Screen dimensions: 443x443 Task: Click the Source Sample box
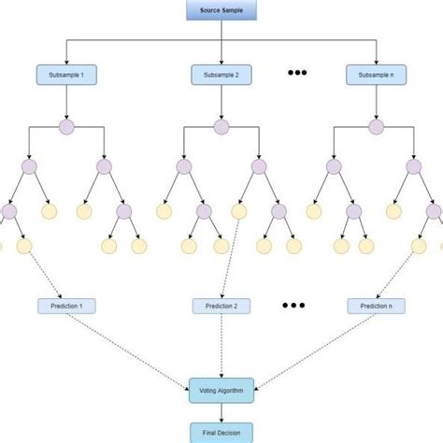pyautogui.click(x=221, y=9)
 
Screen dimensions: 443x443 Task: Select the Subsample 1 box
pyautogui.click(x=65, y=73)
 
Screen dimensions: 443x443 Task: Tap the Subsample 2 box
pyautogui.click(x=221, y=73)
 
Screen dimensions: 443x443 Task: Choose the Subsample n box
pyautogui.click(x=376, y=73)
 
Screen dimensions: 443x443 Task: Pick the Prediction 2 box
pyautogui.click(x=221, y=306)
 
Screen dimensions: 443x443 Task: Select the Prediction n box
pyautogui.click(x=376, y=306)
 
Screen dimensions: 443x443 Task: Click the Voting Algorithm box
pyautogui.click(x=221, y=390)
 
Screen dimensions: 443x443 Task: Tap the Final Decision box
pyautogui.click(x=221, y=433)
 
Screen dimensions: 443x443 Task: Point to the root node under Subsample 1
pyautogui.click(x=65, y=127)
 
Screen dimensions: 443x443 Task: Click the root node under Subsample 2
pyautogui.click(x=221, y=127)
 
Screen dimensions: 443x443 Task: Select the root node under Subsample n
pyautogui.click(x=376, y=127)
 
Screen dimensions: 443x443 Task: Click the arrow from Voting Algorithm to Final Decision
pyautogui.click(x=221, y=413)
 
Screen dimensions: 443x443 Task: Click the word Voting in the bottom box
pyautogui.click(x=210, y=390)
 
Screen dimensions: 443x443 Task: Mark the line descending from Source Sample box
pyautogui.click(x=221, y=28)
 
